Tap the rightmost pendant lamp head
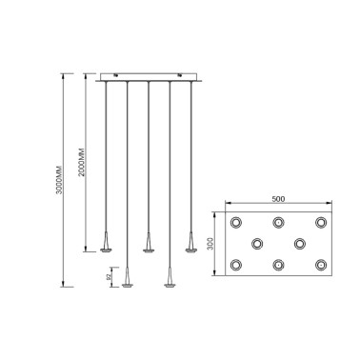tap(190, 245)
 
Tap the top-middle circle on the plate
tap(277, 223)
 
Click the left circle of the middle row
tap(257, 244)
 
